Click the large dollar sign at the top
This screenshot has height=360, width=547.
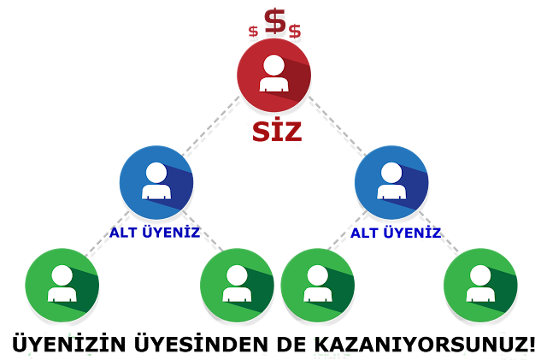click(274, 21)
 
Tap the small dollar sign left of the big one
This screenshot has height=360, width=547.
click(253, 32)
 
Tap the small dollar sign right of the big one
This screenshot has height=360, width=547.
click(295, 32)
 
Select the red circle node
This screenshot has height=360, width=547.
click(273, 75)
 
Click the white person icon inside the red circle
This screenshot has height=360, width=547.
click(273, 74)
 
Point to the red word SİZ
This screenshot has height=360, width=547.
click(275, 132)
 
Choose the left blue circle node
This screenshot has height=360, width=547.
click(156, 182)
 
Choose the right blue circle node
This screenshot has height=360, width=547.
click(391, 182)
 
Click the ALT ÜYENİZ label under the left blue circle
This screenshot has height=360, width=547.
click(155, 232)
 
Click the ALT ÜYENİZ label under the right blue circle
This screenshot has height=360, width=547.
click(395, 232)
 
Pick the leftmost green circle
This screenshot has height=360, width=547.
click(62, 285)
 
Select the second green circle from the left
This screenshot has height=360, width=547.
click(237, 285)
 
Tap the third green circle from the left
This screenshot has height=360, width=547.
click(317, 285)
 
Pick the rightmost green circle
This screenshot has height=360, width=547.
click(480, 285)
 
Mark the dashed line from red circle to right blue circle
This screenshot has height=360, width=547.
click(334, 124)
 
